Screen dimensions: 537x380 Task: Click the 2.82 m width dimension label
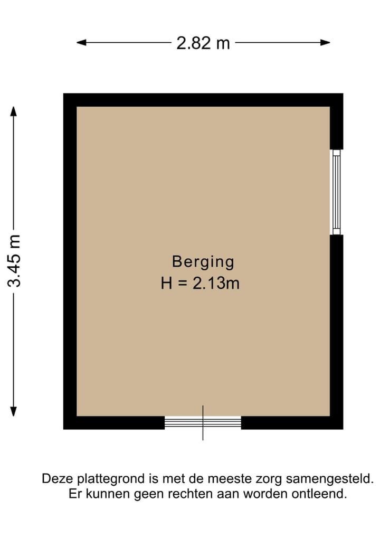click(203, 43)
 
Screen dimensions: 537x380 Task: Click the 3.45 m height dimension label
click(14, 261)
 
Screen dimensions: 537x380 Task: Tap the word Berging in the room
click(203, 261)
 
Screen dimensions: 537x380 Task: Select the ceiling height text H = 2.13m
click(200, 284)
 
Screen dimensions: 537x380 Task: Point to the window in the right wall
click(336, 192)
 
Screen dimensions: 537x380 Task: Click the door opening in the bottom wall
click(203, 422)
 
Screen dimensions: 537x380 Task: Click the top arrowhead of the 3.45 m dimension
click(14, 111)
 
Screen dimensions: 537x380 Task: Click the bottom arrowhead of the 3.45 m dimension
click(14, 411)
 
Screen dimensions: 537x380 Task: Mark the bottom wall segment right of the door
click(292, 422)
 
